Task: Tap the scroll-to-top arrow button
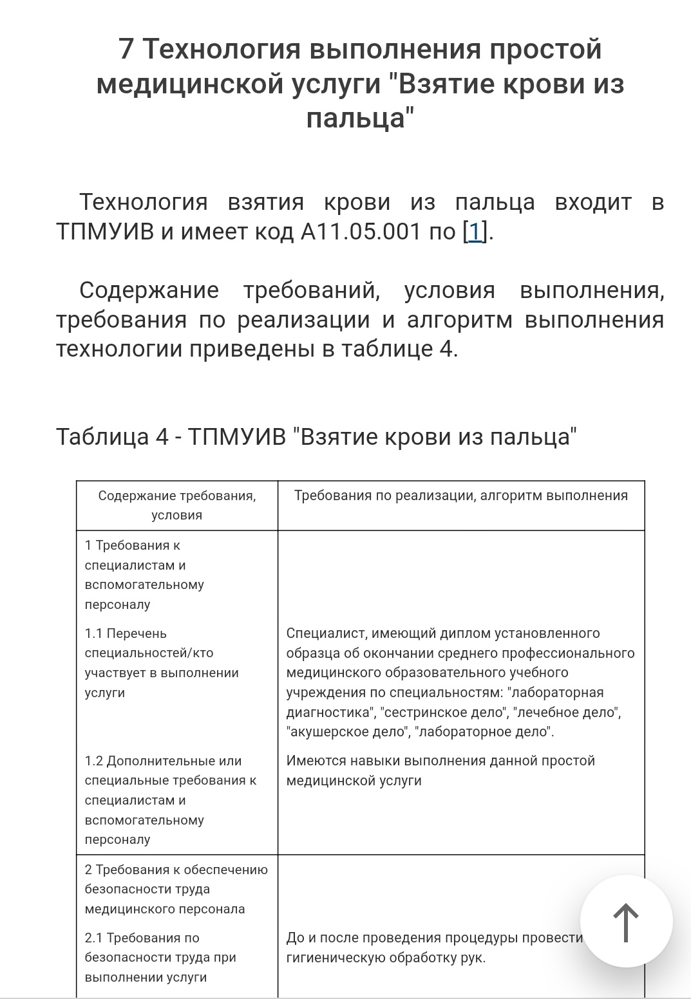[x=626, y=921]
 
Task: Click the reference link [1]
[x=475, y=231]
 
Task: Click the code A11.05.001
[x=361, y=231]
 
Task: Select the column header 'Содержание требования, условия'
[x=176, y=505]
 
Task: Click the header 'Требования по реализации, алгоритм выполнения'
[x=460, y=496]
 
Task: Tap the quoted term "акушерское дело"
[x=348, y=732]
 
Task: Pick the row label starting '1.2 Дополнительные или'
[x=163, y=761]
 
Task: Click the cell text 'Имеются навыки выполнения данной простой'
[x=440, y=761]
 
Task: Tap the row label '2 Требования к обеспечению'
[x=176, y=870]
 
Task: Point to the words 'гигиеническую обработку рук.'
[x=386, y=958]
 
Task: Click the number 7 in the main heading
[x=126, y=49]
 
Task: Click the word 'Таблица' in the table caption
[x=102, y=436]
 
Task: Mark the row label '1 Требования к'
[x=132, y=545]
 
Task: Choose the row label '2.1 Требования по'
[x=142, y=938]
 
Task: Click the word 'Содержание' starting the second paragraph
[x=149, y=290]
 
